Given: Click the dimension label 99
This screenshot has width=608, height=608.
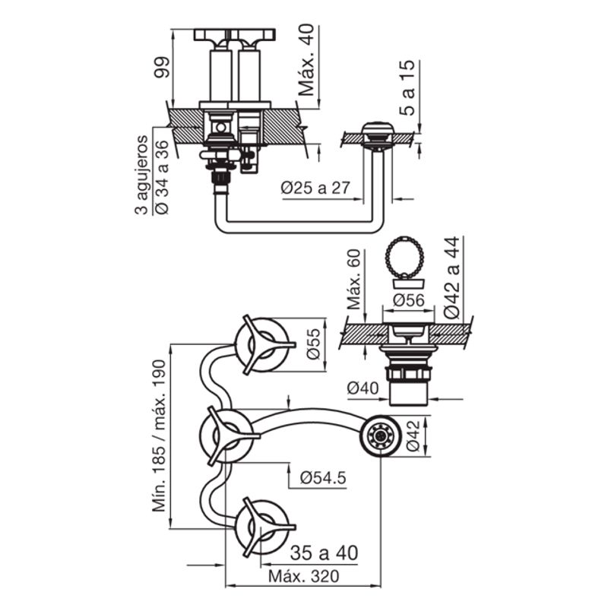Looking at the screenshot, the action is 162,67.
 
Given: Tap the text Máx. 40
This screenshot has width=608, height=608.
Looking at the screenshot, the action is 307,61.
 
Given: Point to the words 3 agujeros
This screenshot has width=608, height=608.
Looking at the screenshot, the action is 141,175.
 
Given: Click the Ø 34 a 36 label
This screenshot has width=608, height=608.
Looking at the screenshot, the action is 162,177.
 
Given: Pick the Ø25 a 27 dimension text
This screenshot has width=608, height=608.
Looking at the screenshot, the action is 315,188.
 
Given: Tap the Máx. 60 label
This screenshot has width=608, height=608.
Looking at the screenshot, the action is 353,279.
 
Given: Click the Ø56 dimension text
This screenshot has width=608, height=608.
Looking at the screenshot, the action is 409,299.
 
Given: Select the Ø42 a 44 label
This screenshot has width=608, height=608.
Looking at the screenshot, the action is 452,277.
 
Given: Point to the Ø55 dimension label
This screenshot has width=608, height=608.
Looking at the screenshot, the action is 314,344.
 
